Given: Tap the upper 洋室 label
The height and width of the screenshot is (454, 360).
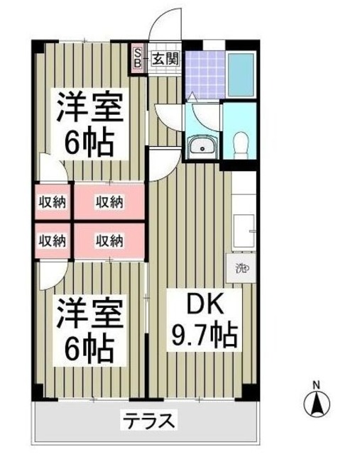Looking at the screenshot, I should (x=90, y=109).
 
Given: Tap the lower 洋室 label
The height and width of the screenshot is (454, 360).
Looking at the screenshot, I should (x=89, y=314).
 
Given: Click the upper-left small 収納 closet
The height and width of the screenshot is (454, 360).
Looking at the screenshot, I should (x=52, y=202).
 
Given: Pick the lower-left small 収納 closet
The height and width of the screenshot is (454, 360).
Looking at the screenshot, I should (x=52, y=240).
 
